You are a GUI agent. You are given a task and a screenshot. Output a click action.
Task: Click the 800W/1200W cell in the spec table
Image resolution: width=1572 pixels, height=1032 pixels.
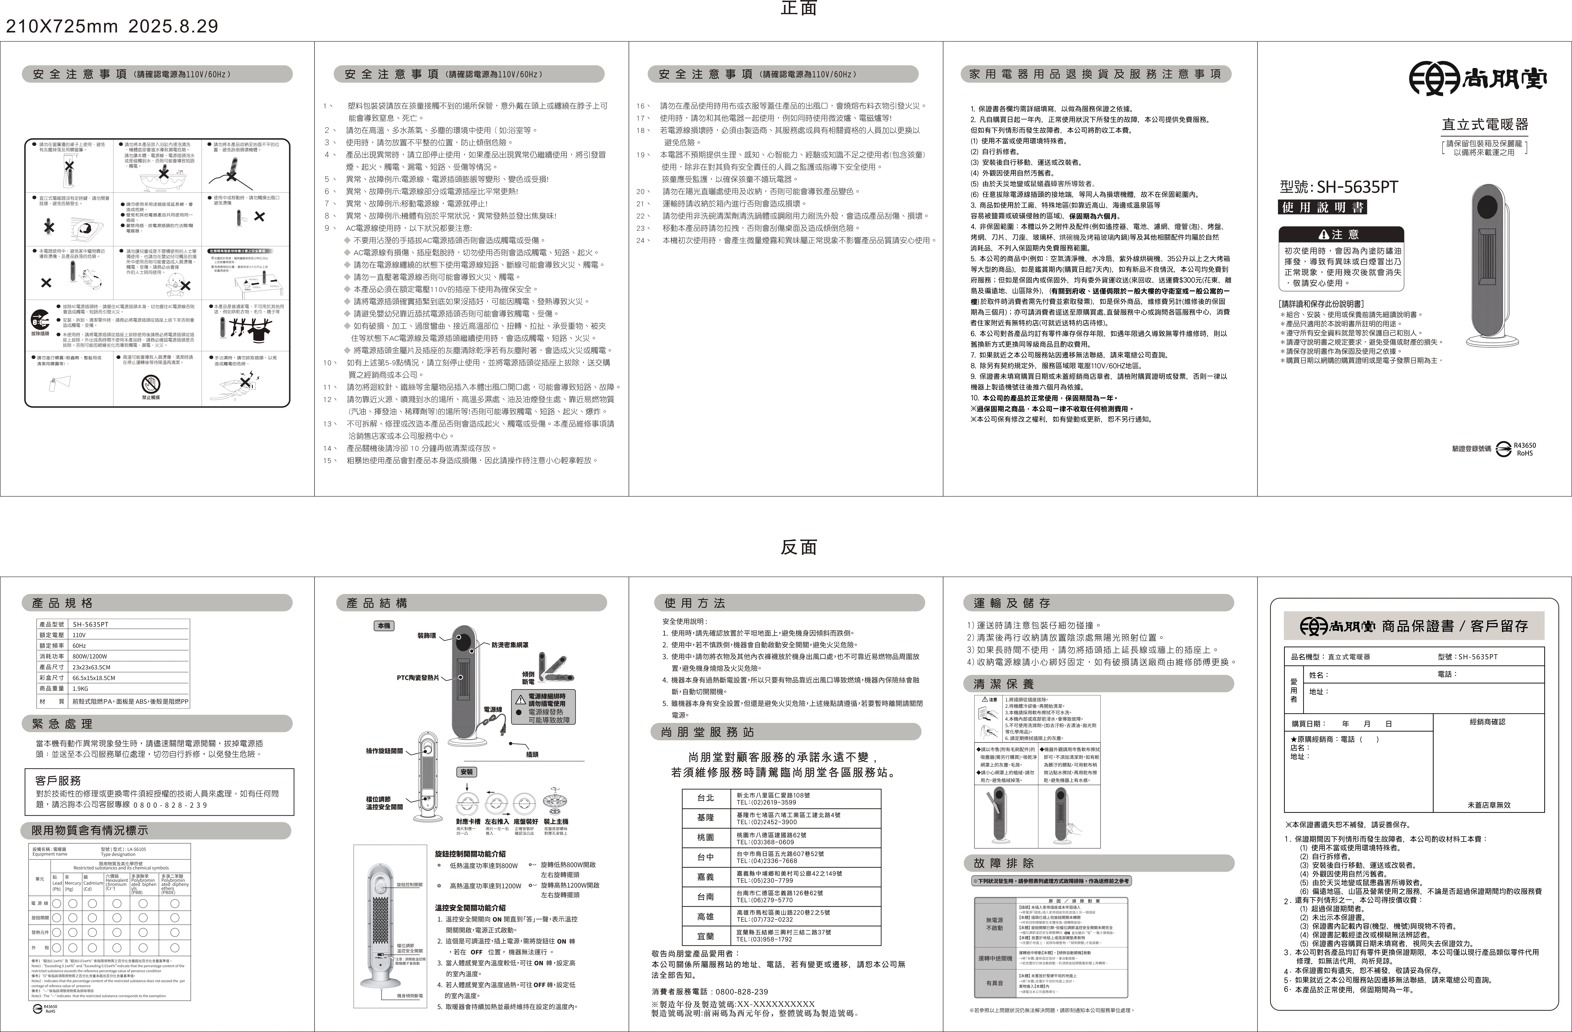90,656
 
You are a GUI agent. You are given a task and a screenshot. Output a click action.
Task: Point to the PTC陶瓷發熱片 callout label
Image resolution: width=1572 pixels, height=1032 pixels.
417,677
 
